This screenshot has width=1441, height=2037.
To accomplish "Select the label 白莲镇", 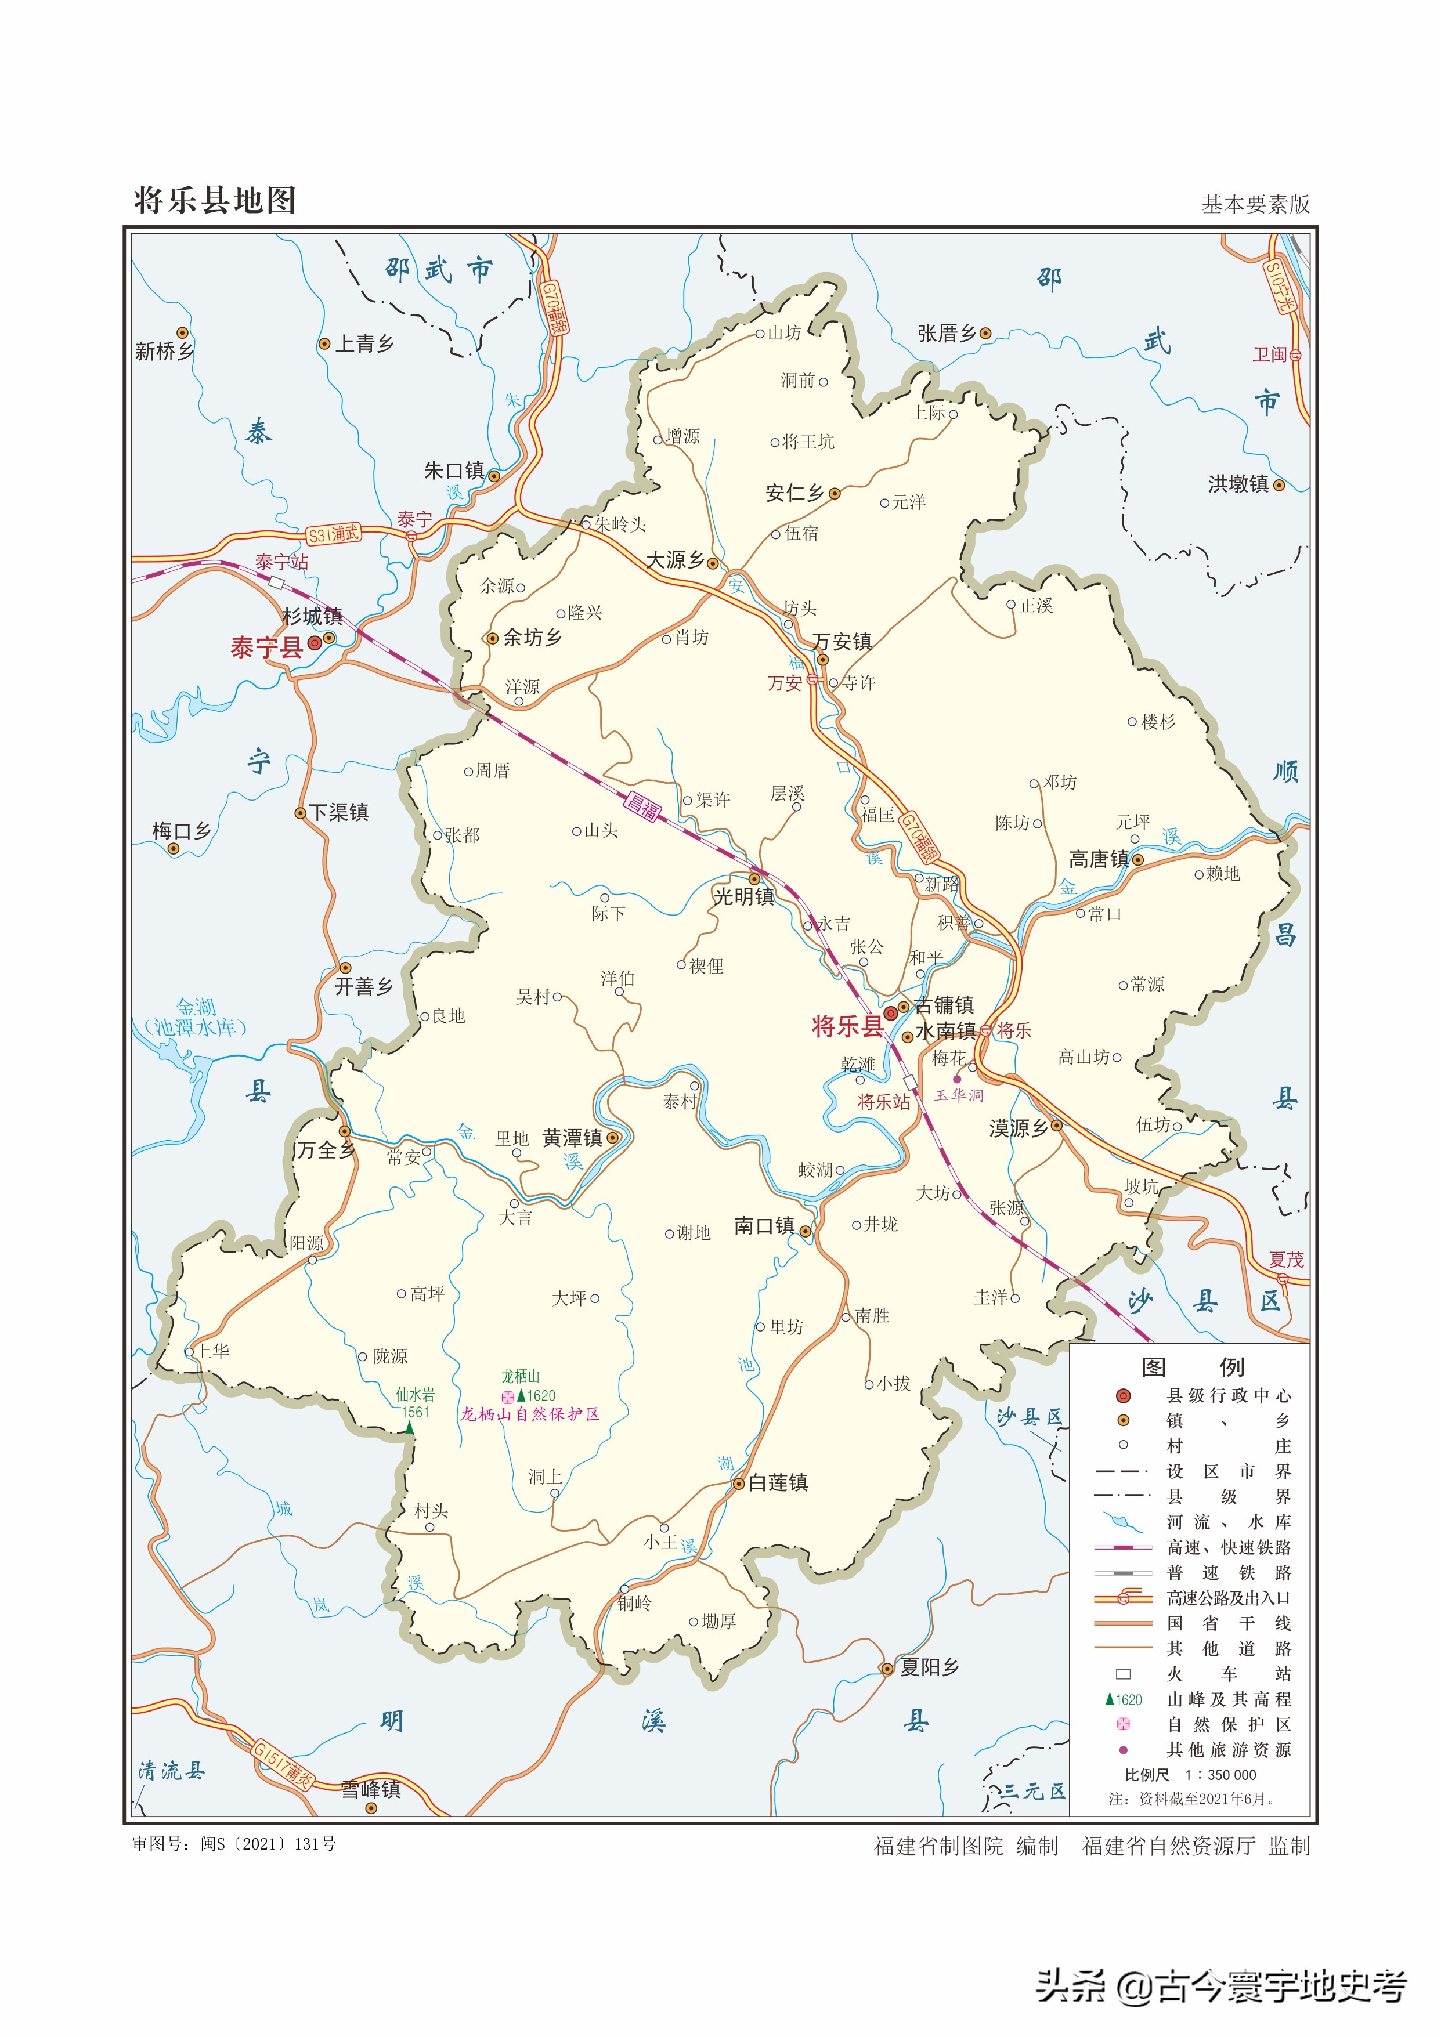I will tap(778, 1482).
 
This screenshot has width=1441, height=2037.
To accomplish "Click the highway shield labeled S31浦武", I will tap(334, 534).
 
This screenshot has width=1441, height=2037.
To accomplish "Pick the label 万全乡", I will tap(326, 1150).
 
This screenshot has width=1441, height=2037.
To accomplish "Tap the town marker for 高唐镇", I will tap(1137, 860).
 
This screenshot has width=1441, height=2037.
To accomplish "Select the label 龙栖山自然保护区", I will tap(530, 1415).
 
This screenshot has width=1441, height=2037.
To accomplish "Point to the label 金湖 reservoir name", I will tap(196, 1007).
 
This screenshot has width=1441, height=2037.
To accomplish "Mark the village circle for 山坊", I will tap(760, 335).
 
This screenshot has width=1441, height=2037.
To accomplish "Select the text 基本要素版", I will tap(1255, 205).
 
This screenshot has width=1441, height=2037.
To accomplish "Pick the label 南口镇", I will tap(764, 1226).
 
